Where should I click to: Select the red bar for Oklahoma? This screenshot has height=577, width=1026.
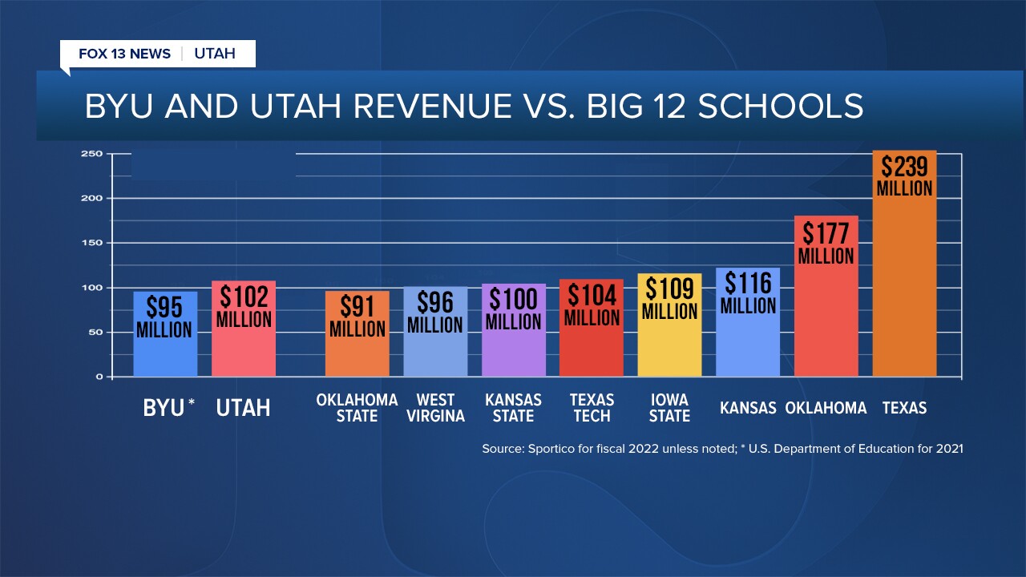(x=826, y=321)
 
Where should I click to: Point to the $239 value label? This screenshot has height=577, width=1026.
(x=904, y=167)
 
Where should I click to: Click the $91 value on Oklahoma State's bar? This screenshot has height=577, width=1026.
(x=357, y=307)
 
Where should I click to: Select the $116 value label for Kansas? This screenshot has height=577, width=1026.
(x=748, y=283)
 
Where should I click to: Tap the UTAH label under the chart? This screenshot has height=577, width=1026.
(x=243, y=408)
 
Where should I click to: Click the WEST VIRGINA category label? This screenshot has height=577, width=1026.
(x=435, y=408)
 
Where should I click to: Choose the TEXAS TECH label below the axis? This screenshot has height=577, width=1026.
(x=592, y=408)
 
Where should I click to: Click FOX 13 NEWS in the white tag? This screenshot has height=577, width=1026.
(x=124, y=54)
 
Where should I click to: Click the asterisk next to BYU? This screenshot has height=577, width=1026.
(x=191, y=403)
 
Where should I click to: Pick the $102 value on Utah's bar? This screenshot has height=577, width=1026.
(x=244, y=297)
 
